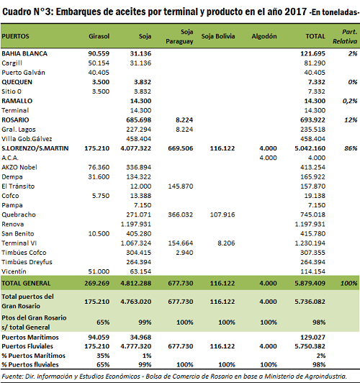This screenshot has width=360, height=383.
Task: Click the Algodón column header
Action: (264, 37)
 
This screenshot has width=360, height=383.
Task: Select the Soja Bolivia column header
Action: (218, 37)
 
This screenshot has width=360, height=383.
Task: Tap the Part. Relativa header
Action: (345, 37)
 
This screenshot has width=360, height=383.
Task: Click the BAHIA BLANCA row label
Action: (24, 53)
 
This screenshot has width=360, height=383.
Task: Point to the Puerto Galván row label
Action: (23, 73)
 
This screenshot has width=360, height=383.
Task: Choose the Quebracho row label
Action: (19, 215)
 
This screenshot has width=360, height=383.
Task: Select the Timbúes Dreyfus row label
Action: (27, 262)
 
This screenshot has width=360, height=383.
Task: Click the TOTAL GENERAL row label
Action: (26, 284)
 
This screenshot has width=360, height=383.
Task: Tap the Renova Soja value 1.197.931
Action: (136, 224)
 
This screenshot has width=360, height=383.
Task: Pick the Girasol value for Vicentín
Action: (99, 271)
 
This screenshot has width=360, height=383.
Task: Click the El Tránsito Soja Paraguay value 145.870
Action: (181, 186)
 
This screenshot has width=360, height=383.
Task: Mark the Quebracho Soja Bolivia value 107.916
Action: (222, 215)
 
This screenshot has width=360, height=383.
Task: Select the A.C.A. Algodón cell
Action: (268, 158)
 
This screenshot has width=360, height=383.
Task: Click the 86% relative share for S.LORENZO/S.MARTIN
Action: (351, 148)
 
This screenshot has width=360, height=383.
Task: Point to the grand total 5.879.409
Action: (310, 284)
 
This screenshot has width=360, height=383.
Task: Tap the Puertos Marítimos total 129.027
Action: (312, 338)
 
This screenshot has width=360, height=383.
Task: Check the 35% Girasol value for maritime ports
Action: (103, 356)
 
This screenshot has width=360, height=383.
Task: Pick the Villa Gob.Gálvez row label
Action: (27, 139)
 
